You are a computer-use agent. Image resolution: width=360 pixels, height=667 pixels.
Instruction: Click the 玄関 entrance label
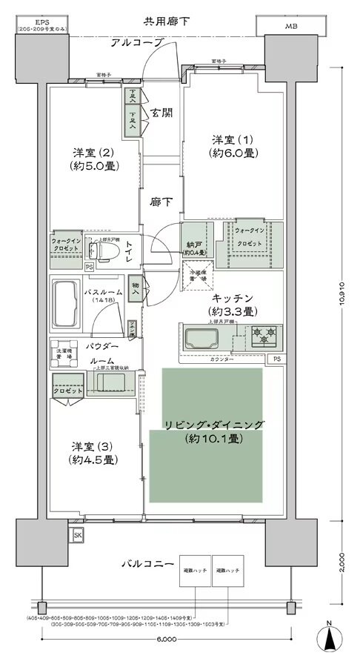tap(161, 113)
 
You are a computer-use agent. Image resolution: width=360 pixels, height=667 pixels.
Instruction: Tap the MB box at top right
tap(287, 27)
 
